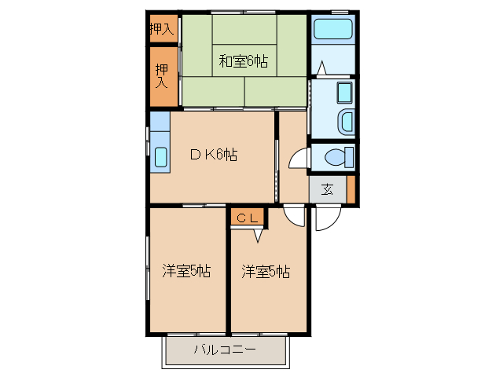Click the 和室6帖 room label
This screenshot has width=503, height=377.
243,60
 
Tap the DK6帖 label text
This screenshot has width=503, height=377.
213,155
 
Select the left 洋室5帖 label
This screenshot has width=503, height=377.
186,272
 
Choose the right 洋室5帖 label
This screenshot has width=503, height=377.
266,272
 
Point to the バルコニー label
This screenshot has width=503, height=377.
225,350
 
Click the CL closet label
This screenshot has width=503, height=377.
248,218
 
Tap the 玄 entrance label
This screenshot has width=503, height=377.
326,188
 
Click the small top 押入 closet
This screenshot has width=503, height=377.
163,30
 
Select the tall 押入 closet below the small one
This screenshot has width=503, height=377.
163,76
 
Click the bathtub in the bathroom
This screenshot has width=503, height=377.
332,30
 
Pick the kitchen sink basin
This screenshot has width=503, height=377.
160,156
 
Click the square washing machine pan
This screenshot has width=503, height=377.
344,93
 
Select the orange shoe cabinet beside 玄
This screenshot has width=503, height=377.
351,189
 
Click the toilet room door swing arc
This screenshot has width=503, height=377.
298,159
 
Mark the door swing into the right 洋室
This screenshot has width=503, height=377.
294,215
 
